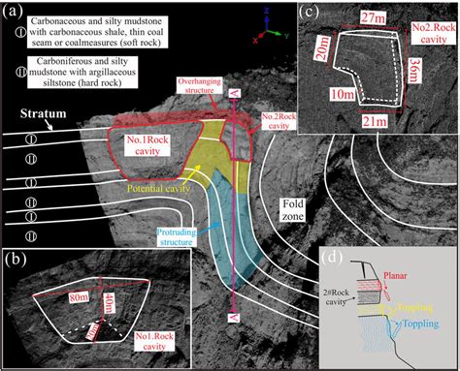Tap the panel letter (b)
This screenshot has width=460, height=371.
[16, 259]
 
